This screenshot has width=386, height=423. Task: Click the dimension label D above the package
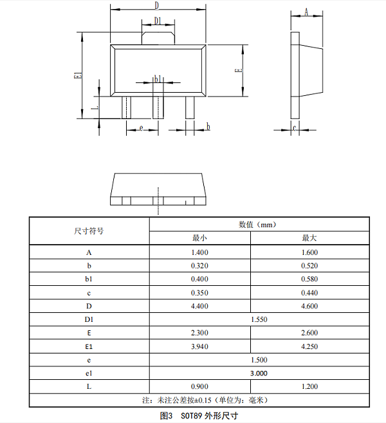point(158,5)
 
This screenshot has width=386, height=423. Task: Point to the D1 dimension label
point(158,21)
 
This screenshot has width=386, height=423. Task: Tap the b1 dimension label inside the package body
point(158,79)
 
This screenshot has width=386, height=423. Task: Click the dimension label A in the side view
point(306,12)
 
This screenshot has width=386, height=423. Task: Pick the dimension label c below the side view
point(295,127)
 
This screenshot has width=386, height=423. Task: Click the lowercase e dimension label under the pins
point(140,127)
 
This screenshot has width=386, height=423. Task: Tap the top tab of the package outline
point(158,35)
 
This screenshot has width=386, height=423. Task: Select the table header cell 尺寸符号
point(89,230)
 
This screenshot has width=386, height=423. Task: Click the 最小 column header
point(199,238)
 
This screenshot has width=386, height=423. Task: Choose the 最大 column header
point(309,238)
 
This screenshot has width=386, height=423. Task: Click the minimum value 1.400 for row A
point(199,252)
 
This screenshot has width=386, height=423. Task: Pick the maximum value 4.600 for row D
point(309,306)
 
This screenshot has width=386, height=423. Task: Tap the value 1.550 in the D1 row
point(259,319)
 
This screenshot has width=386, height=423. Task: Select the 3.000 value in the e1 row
point(259,373)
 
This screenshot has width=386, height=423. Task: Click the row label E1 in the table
point(89,346)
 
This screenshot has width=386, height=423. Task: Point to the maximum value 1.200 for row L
point(309,386)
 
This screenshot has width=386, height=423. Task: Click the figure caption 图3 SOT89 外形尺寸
point(199,415)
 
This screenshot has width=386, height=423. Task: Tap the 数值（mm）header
point(259,225)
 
